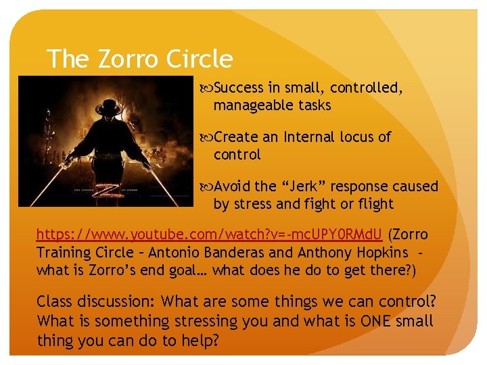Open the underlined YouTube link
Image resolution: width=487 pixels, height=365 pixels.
pyautogui.click(x=210, y=235)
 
